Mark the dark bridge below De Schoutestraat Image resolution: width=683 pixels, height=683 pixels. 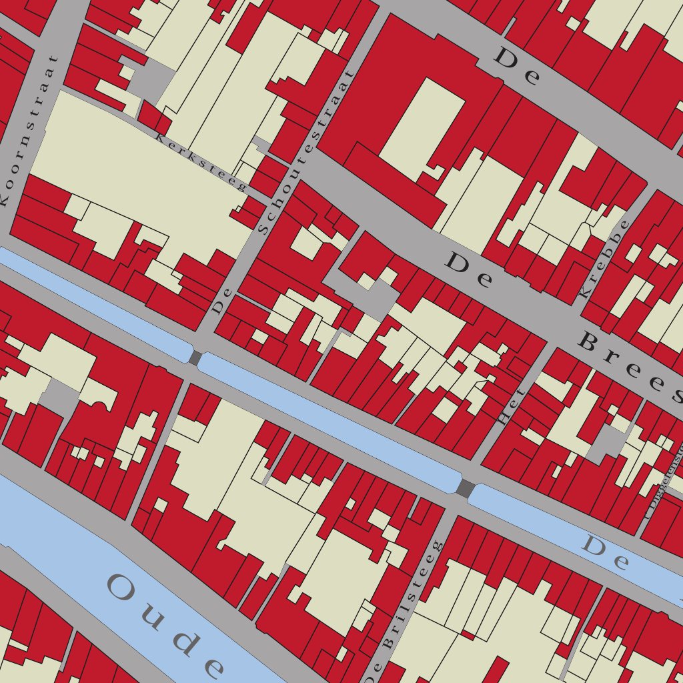(195, 358)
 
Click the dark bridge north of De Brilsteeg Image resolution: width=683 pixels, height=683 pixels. (465, 488)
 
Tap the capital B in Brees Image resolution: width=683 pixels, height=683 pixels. (591, 343)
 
